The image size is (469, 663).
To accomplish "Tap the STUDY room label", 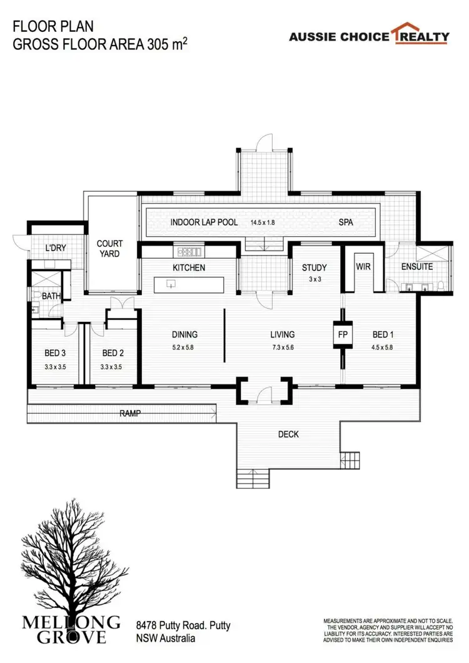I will click(314, 268).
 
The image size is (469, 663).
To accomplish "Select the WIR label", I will click(363, 267).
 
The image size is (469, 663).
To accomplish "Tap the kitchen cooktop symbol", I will click(189, 251).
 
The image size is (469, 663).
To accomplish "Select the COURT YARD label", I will click(109, 249).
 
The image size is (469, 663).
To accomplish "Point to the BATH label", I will click(51, 296).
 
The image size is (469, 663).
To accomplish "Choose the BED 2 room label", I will click(114, 352).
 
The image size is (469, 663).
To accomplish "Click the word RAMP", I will click(131, 413).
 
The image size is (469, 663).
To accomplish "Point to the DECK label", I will click(288, 434).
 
